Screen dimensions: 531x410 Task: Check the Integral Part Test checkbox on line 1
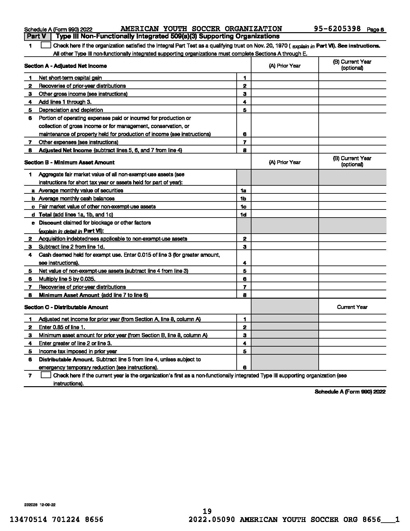click(x=46, y=45)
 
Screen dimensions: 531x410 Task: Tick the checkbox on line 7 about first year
click(x=46, y=375)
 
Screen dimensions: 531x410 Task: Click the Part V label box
click(x=37, y=36)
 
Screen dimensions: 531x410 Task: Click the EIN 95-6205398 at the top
click(x=337, y=29)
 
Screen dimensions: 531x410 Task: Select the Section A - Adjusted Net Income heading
click(x=66, y=66)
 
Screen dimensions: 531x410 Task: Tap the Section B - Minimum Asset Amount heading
click(x=69, y=163)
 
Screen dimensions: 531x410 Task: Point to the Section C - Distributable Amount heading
click(x=66, y=307)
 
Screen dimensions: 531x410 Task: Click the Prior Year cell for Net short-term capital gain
click(x=285, y=78)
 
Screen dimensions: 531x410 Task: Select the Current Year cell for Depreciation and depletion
click(x=352, y=110)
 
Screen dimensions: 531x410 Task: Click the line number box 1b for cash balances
click(x=243, y=199)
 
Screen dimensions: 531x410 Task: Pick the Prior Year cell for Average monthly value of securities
click(x=285, y=191)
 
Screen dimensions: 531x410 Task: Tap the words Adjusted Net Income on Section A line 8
click(x=65, y=150)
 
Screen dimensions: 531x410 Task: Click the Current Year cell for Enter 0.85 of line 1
click(x=352, y=327)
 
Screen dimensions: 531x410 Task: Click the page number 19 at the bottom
click(x=207, y=511)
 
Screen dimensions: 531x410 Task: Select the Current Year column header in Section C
click(x=352, y=307)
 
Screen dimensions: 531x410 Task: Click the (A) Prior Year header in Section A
click(x=285, y=66)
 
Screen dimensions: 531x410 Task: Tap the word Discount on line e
click(x=50, y=223)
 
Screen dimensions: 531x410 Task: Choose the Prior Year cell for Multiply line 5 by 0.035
click(x=285, y=279)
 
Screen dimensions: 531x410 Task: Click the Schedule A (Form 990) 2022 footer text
click(x=350, y=392)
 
